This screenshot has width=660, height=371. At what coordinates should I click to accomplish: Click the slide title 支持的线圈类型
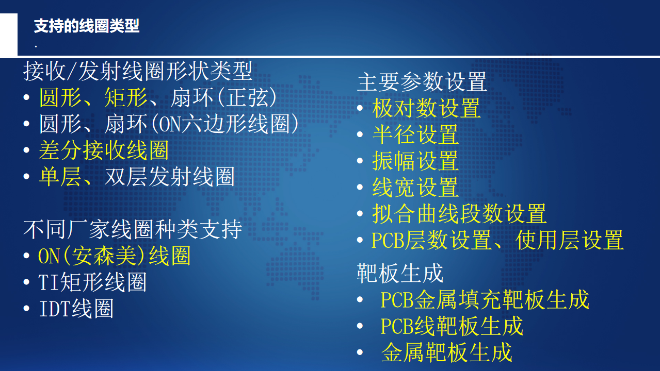(x=86, y=26)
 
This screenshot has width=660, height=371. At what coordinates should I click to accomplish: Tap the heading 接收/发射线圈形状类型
(x=138, y=71)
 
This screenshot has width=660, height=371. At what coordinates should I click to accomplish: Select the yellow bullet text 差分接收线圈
(x=104, y=150)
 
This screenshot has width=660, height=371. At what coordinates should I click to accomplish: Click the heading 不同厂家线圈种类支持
(x=133, y=229)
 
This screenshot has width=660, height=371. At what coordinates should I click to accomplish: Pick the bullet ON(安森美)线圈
(x=115, y=256)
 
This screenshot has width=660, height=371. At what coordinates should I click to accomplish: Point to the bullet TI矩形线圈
(x=92, y=282)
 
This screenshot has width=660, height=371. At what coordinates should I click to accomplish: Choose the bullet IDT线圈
(x=76, y=309)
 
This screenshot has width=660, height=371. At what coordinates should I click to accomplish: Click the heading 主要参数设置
(x=422, y=82)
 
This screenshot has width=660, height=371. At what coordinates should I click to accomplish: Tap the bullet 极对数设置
(x=426, y=108)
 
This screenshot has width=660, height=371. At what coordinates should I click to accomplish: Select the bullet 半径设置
(x=415, y=134)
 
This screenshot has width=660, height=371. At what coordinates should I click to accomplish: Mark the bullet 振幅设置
(x=415, y=161)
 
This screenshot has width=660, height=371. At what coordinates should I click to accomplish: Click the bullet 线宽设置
(x=415, y=187)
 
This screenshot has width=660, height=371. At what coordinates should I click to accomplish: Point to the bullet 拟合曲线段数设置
(x=459, y=214)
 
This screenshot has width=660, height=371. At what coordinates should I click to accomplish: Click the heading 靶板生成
(x=400, y=273)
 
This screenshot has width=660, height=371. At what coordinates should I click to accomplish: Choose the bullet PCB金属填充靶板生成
(x=485, y=300)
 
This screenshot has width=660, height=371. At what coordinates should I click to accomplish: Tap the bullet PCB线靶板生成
(x=452, y=326)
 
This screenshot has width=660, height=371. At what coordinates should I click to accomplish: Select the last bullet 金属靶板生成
(x=447, y=352)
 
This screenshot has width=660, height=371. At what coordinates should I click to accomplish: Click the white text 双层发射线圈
(x=170, y=177)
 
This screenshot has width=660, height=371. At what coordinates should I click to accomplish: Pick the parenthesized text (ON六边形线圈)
(x=225, y=124)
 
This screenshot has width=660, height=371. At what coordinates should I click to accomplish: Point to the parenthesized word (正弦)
(x=247, y=97)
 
